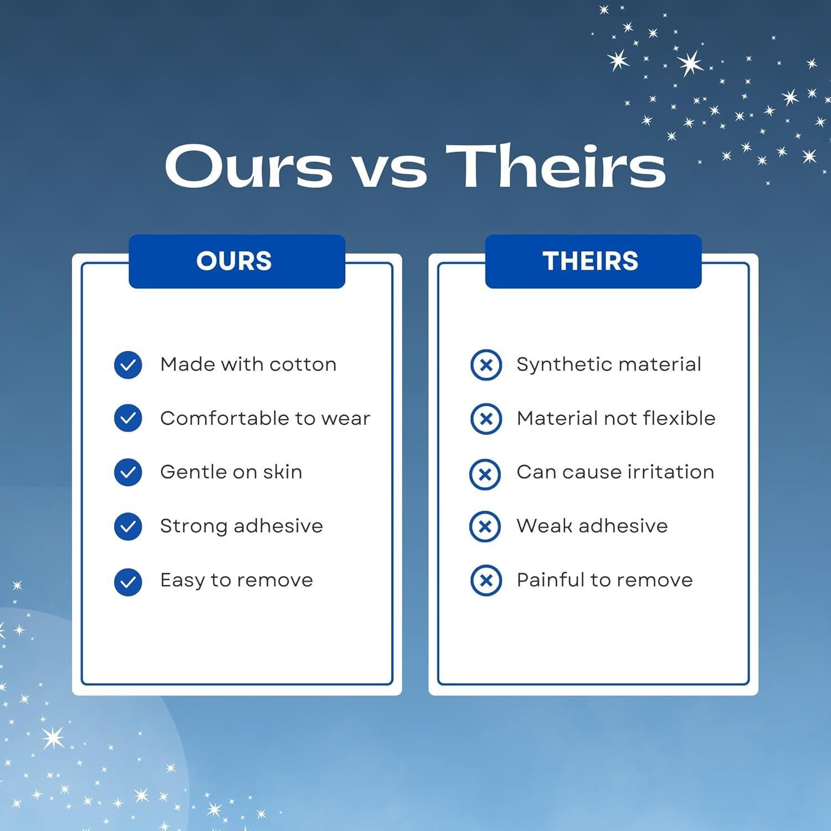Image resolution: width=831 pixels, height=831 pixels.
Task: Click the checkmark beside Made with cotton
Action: tap(128, 365)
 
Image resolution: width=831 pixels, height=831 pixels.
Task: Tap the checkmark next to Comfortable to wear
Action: tap(128, 418)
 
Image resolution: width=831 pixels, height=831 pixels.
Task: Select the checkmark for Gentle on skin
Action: tap(128, 472)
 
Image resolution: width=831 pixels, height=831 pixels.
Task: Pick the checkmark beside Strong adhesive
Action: tap(128, 526)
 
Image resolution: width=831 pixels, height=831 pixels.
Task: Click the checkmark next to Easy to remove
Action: tap(128, 582)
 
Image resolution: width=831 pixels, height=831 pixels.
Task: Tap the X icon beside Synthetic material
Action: tap(486, 365)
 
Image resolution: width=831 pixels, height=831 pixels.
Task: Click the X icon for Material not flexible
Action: tap(486, 418)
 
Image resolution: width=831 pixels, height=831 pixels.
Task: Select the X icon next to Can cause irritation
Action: tap(485, 474)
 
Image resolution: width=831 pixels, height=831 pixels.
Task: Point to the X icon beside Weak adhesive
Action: tap(485, 526)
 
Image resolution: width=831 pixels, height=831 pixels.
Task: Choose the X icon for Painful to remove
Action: tap(486, 580)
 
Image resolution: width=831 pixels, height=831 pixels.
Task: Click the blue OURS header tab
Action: tap(237, 261)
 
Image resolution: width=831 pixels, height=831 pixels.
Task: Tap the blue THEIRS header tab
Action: tap(593, 261)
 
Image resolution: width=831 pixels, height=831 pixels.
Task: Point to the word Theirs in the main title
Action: tap(556, 166)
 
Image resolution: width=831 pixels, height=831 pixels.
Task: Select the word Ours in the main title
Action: tap(249, 167)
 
